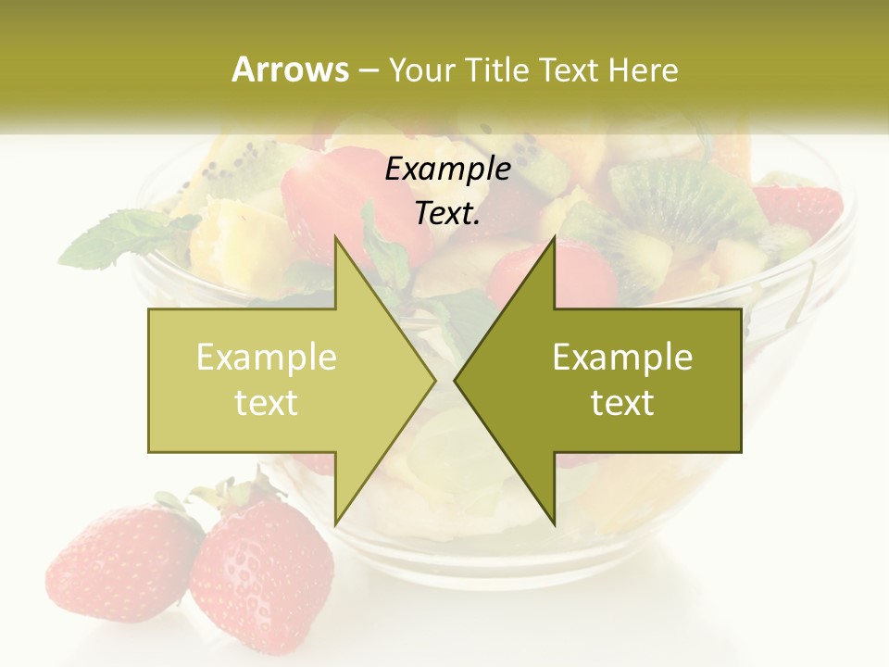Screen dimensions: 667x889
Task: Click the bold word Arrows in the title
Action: pyautogui.click(x=290, y=69)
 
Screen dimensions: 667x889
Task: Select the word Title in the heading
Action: pyautogui.click(x=496, y=69)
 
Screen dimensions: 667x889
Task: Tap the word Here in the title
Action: pyautogui.click(x=643, y=69)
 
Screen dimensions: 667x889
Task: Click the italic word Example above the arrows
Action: pyautogui.click(x=447, y=169)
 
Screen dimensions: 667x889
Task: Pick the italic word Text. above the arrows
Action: pyautogui.click(x=447, y=213)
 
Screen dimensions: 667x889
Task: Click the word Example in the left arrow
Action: pyautogui.click(x=267, y=357)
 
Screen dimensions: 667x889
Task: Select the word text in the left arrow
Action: pyautogui.click(x=267, y=403)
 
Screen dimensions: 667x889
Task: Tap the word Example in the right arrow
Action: pyautogui.click(x=622, y=357)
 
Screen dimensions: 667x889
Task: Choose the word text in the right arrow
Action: pyautogui.click(x=622, y=403)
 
